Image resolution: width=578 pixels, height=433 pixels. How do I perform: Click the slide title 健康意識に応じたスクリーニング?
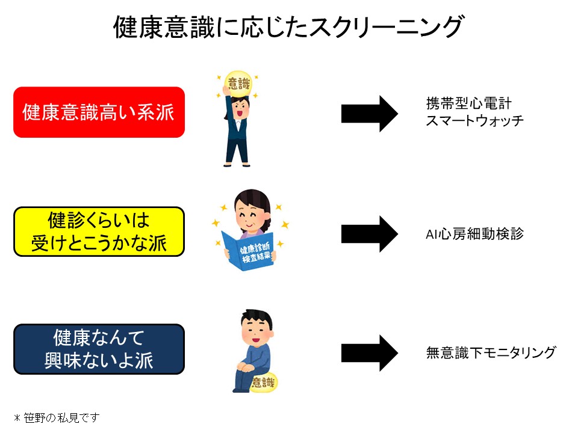click(289, 27)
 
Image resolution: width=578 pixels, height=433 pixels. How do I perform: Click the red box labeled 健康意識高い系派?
click(99, 112)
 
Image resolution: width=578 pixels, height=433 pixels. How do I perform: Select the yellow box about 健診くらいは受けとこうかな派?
click(99, 232)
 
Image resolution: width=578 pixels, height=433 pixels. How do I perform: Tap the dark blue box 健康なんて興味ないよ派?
click(99, 349)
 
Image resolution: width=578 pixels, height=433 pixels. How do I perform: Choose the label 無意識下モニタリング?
click(490, 352)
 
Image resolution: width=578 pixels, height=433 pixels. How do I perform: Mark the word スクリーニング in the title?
click(385, 27)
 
